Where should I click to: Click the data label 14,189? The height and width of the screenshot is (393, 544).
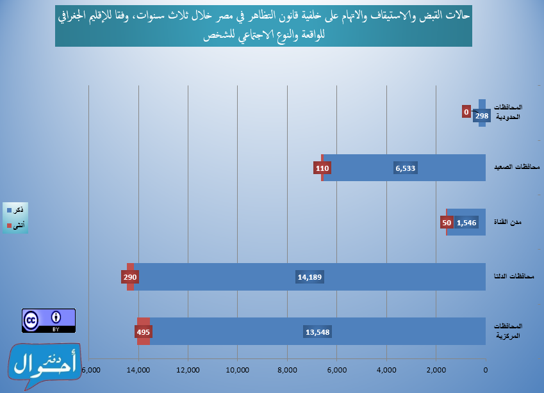tap(309, 278)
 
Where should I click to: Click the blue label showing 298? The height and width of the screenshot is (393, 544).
tap(482, 116)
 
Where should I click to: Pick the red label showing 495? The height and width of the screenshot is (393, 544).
tap(143, 332)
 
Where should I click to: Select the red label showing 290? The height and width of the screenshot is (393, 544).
tap(130, 278)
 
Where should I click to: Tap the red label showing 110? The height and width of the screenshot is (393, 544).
tap(322, 168)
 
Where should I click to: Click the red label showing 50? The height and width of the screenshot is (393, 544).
tap(447, 223)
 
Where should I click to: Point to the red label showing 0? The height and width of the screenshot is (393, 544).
tap(466, 111)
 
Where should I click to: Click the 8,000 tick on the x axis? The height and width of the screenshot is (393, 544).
tap(287, 371)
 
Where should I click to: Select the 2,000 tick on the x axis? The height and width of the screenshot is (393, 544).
tap(436, 371)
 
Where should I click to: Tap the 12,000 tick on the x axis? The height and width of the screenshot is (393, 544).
tap(188, 371)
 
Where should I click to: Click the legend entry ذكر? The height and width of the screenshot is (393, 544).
tap(16, 210)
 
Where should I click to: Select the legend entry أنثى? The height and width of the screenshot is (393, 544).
tap(16, 225)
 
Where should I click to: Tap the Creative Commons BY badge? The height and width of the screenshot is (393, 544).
tap(49, 321)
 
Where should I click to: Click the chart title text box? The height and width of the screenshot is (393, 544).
tap(263, 28)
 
